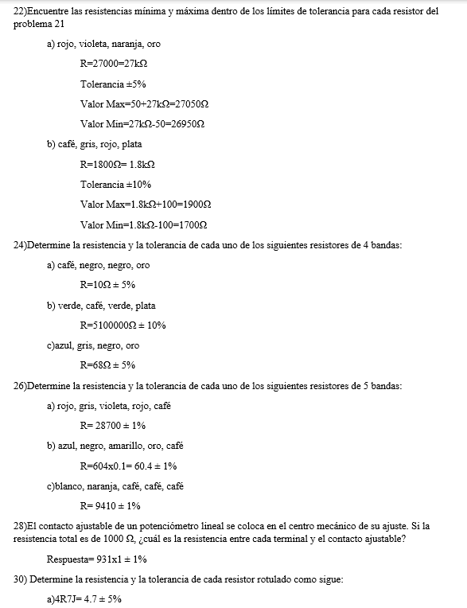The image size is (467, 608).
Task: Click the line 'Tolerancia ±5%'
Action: click(113, 84)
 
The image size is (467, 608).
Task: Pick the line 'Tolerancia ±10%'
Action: click(115, 185)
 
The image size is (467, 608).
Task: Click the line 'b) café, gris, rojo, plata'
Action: click(95, 144)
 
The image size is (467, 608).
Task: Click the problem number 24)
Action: click(21, 245)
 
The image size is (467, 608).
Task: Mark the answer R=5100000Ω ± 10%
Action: click(123, 325)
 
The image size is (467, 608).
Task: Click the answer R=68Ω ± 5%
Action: click(107, 365)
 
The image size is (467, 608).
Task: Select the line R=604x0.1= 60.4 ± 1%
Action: click(128, 466)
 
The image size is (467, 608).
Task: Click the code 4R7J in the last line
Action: click(70, 600)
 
